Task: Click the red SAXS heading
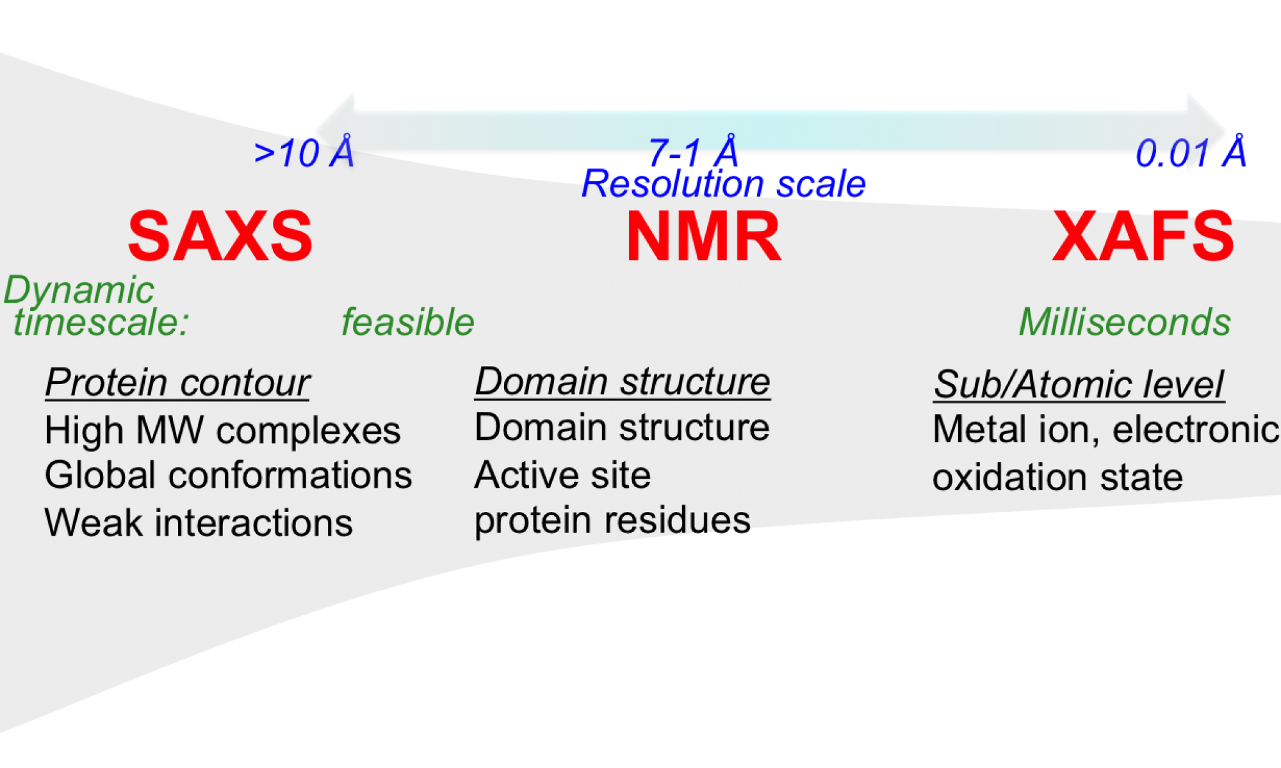coord(220,236)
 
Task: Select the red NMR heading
coord(703,236)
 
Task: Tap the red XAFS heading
coord(1143,236)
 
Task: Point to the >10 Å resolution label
coord(304,153)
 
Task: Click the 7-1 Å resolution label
coord(694,153)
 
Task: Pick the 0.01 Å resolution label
coord(1191,153)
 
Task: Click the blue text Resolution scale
coord(724,184)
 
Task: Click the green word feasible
coord(407,321)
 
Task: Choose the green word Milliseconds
coord(1125,321)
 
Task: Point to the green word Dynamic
coord(79,290)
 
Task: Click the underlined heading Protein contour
coord(177,383)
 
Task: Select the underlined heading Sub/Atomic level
coord(1079,384)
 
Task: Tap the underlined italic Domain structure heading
coord(622,381)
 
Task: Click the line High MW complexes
coord(222,430)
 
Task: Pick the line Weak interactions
coord(199,522)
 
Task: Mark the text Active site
coord(562,475)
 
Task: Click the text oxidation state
coord(1057,477)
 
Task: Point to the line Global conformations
coord(228,475)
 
